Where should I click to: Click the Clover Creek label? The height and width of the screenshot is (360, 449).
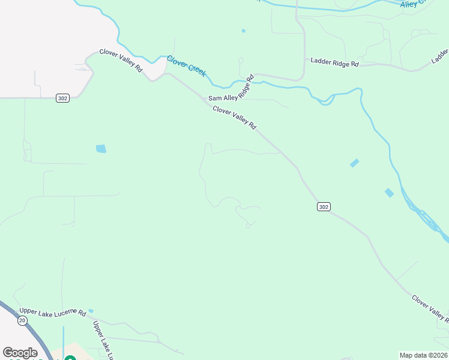tap(186, 65)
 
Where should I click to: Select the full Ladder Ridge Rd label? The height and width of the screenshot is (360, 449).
tap(334, 62)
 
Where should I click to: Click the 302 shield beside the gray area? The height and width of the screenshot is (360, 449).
tap(62, 98)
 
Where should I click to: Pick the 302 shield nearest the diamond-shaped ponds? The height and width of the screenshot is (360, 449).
tap(324, 206)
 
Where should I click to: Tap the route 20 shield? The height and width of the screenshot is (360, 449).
tap(22, 321)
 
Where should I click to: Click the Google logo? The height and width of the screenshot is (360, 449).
tap(20, 353)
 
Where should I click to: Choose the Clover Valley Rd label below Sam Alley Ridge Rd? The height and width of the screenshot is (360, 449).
tap(234, 118)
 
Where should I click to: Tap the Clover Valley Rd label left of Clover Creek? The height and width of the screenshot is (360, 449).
tap(121, 61)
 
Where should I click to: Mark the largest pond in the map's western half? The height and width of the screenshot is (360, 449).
tap(101, 149)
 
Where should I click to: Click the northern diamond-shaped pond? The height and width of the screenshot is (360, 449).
tap(354, 163)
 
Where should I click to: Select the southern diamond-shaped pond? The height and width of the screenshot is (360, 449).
tap(389, 193)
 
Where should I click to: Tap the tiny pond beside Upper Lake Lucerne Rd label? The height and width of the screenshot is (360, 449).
tap(91, 311)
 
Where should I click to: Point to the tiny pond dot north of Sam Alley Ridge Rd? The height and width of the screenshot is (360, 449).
tap(243, 31)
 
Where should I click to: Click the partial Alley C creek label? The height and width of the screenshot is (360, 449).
tap(412, 4)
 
